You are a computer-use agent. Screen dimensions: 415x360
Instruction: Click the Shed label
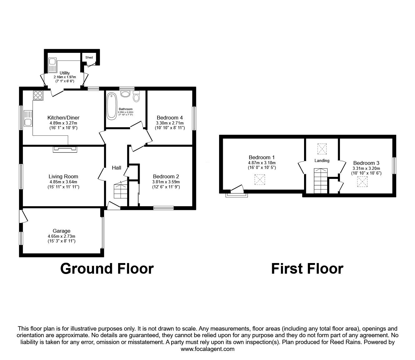tap(89, 58)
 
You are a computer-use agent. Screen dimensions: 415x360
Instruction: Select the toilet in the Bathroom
tap(136, 96)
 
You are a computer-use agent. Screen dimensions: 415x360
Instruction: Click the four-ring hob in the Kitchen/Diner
tap(38, 95)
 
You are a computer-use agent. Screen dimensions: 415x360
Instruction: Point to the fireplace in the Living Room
tap(65, 149)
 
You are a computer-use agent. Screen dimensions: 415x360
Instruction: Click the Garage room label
tap(62, 231)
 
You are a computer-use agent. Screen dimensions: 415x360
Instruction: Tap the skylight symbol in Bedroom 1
tap(260, 180)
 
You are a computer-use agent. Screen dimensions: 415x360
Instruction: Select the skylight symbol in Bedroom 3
tap(362, 182)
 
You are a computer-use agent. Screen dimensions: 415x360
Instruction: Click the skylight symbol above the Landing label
tap(322, 149)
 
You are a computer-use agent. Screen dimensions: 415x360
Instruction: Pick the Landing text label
tap(322, 160)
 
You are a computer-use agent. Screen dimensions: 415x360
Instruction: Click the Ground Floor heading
tap(107, 269)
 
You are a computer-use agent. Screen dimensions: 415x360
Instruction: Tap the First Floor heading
tap(307, 269)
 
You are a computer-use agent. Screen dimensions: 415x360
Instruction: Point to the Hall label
tap(117, 168)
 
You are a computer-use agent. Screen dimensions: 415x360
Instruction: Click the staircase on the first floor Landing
tap(321, 181)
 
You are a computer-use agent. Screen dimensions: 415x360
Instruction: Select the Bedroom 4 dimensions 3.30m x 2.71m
tap(170, 123)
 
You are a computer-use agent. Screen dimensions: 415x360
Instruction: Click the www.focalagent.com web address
tap(207, 349)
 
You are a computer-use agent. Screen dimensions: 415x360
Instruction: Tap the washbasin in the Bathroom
tap(126, 94)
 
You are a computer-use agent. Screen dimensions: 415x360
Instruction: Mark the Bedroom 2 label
tap(166, 176)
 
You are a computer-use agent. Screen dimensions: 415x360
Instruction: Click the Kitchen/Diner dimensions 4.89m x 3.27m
tap(63, 123)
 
